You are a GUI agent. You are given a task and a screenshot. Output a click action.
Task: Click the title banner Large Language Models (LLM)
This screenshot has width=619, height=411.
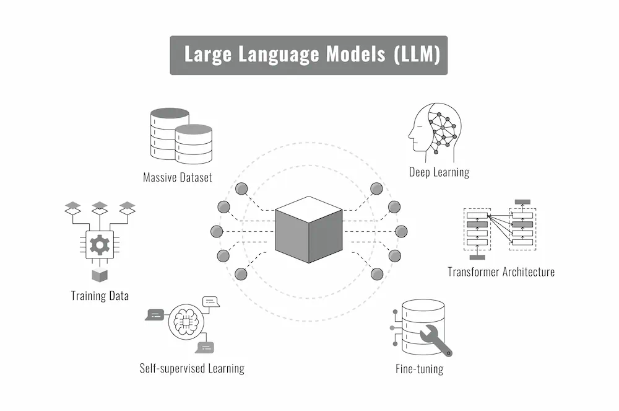308,55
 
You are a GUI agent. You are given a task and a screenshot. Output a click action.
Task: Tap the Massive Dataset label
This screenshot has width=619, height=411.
177,177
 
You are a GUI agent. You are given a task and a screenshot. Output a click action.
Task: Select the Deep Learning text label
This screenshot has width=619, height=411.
439,172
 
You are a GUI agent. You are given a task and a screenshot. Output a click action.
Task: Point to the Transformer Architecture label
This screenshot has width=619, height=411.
501,272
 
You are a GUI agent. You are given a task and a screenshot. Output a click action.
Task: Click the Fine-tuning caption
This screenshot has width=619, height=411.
419,369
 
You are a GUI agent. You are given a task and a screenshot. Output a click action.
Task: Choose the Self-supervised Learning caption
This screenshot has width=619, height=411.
192,368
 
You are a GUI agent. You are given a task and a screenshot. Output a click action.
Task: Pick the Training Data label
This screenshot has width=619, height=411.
100,296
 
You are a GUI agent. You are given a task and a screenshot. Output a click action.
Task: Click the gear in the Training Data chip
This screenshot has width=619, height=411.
99,245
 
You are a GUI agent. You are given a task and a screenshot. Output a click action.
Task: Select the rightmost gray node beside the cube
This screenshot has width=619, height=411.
401,231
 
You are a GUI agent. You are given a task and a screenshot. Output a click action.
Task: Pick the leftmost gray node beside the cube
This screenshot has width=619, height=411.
216,231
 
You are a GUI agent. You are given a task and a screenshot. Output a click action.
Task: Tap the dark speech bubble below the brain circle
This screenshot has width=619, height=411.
205,347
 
